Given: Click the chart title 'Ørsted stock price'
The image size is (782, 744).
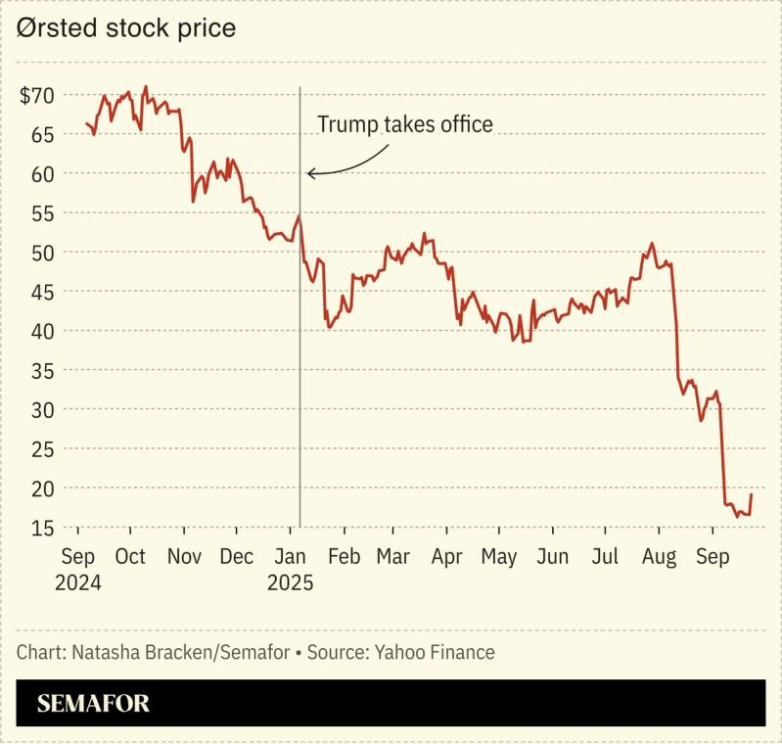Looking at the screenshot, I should tap(125, 28).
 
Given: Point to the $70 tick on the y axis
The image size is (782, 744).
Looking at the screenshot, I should tap(37, 96).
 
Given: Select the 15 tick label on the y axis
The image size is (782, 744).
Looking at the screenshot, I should tap(42, 528).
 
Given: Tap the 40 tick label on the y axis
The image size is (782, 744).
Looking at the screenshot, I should tap(42, 331).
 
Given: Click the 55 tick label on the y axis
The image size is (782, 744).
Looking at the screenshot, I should tap(42, 213).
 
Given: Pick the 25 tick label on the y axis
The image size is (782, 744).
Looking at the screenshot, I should tap(42, 449).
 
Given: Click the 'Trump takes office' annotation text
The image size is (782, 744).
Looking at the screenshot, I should tap(404, 124).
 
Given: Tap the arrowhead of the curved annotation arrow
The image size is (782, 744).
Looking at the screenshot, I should tap(309, 174).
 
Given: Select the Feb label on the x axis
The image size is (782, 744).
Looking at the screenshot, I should tap(344, 557).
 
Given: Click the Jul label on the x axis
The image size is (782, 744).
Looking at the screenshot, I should tap(606, 557).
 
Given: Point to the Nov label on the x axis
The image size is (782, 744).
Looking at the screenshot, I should tap(184, 557).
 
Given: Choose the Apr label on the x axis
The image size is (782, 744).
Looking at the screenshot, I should tap(446, 557).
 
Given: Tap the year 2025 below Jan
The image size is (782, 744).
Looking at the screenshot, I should tap(290, 582).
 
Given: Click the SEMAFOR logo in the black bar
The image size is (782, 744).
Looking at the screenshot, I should tap(93, 703).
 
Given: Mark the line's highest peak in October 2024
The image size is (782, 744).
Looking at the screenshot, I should tap(146, 86).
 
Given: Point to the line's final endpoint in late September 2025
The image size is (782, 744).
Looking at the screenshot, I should tap(752, 494).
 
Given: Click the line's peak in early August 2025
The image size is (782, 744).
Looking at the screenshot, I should tap(652, 244).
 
